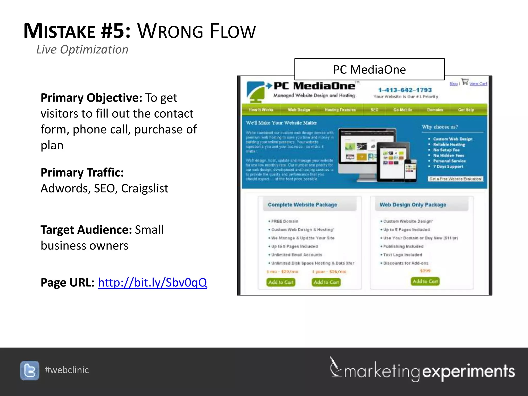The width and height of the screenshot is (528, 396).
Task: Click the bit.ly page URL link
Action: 152,283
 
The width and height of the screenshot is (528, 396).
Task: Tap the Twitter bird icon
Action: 30,370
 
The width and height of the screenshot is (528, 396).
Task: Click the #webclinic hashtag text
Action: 67,370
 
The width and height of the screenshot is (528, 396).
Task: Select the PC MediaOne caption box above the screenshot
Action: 369,70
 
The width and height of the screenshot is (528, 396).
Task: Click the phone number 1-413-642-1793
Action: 405,90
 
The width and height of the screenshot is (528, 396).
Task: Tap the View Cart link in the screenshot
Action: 478,84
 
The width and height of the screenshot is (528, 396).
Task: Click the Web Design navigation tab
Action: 299,110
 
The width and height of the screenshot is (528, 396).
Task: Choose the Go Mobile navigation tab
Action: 402,110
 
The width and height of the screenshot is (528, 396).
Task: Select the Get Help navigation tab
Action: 466,110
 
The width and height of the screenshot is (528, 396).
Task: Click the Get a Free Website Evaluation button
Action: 455,179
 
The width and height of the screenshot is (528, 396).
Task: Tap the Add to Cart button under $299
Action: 425,281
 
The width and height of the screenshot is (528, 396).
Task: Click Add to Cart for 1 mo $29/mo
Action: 281,282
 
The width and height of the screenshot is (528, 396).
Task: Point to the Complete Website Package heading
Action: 302,205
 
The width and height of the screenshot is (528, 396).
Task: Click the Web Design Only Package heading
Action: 413,205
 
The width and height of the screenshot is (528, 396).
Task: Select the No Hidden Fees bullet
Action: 448,155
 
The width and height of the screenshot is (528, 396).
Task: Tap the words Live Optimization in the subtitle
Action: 82,49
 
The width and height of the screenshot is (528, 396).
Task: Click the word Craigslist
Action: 145,188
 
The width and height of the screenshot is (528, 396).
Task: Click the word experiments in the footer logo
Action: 468,371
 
